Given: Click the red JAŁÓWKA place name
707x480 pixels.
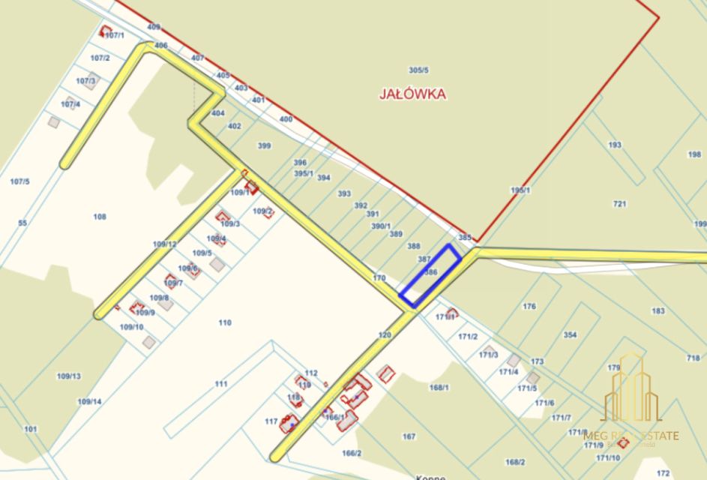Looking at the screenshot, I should point(412,94).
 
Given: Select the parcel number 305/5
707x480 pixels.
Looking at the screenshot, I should point(418,70).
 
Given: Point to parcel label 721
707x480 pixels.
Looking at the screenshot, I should point(619,204).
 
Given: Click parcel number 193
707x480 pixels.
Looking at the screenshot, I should point(615,145).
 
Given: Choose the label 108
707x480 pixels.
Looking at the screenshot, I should point(99,217).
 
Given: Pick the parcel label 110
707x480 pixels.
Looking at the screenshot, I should point(224,322).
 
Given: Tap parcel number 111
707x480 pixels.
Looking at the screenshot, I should point(220,383).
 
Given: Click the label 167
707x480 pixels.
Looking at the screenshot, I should point(409,436).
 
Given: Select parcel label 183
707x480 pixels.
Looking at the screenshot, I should point(658,310).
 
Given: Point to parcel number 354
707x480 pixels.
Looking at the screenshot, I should point(570,334).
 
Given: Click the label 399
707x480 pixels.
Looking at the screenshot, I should point(264,145).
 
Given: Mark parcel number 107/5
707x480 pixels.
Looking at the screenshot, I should point(19,181).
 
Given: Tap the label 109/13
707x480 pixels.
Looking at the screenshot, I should point(68,376).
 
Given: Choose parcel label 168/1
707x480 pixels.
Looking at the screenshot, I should point(439,387).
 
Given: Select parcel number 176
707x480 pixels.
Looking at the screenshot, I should point(529,306).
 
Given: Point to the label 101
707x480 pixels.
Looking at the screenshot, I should point(31,429).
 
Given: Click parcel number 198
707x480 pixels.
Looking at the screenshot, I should point(694,154).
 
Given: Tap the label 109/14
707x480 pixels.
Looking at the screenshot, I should point(89,401).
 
